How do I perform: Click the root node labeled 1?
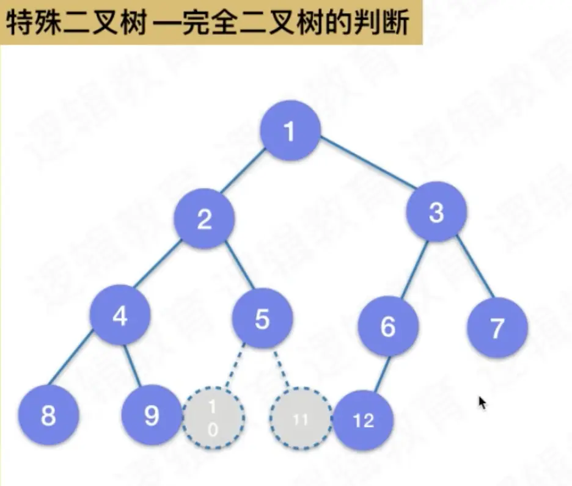(290, 131)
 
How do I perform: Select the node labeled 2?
(204, 218)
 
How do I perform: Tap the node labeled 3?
(436, 212)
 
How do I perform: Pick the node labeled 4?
(120, 316)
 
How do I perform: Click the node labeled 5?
(263, 319)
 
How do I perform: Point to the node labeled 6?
(388, 327)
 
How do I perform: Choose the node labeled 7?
(497, 328)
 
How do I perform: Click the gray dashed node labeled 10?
(213, 418)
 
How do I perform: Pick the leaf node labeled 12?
(363, 420)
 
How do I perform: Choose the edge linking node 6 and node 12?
(383, 374)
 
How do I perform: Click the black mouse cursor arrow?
(482, 402)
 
